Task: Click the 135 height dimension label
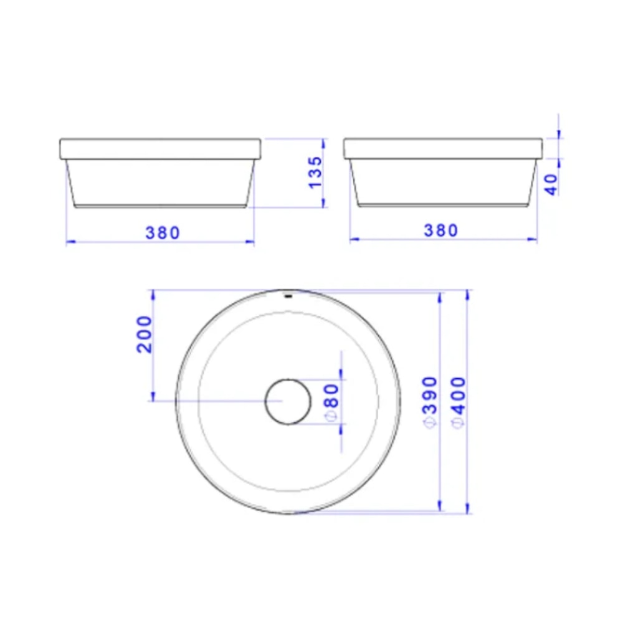[x=316, y=173]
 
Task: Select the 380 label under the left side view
[x=163, y=232]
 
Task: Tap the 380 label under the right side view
[x=441, y=231]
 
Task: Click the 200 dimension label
[x=145, y=334]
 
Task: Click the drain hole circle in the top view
[x=288, y=401]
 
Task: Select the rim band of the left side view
[x=159, y=148]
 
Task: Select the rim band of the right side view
[x=443, y=148]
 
